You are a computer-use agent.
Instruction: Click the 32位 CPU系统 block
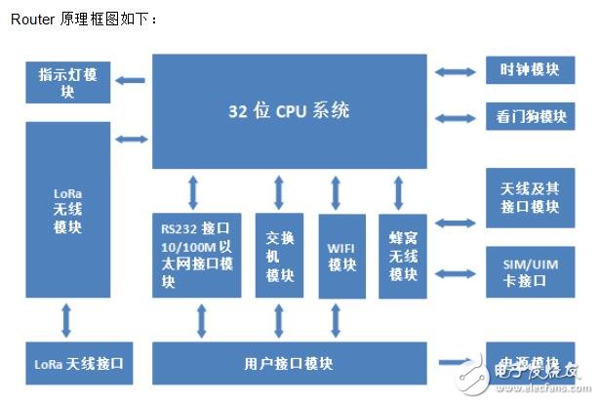click(290, 110)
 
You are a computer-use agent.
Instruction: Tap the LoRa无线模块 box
click(68, 209)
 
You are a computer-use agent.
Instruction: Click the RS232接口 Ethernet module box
click(196, 255)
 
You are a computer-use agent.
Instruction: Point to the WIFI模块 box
click(341, 255)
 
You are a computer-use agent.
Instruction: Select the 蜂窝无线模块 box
click(402, 255)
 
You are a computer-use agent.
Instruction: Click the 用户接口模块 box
click(290, 363)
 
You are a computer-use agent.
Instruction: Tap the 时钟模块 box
click(527, 70)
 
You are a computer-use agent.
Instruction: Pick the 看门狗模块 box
click(527, 116)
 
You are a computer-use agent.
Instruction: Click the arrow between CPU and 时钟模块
click(457, 70)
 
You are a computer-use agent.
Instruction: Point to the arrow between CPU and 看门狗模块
click(457, 117)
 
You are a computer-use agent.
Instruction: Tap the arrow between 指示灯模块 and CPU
click(132, 79)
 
